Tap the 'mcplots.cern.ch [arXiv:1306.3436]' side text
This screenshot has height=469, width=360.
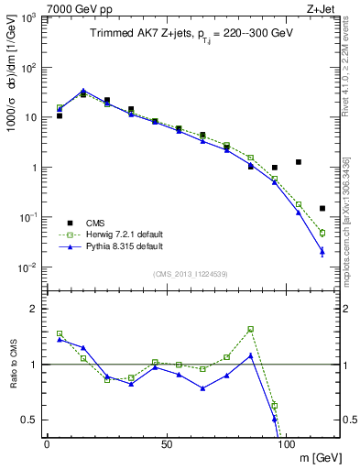pos(351,220)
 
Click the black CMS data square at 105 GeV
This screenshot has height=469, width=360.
pos(299,162)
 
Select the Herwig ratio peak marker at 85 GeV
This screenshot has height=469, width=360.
pos(250,329)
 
